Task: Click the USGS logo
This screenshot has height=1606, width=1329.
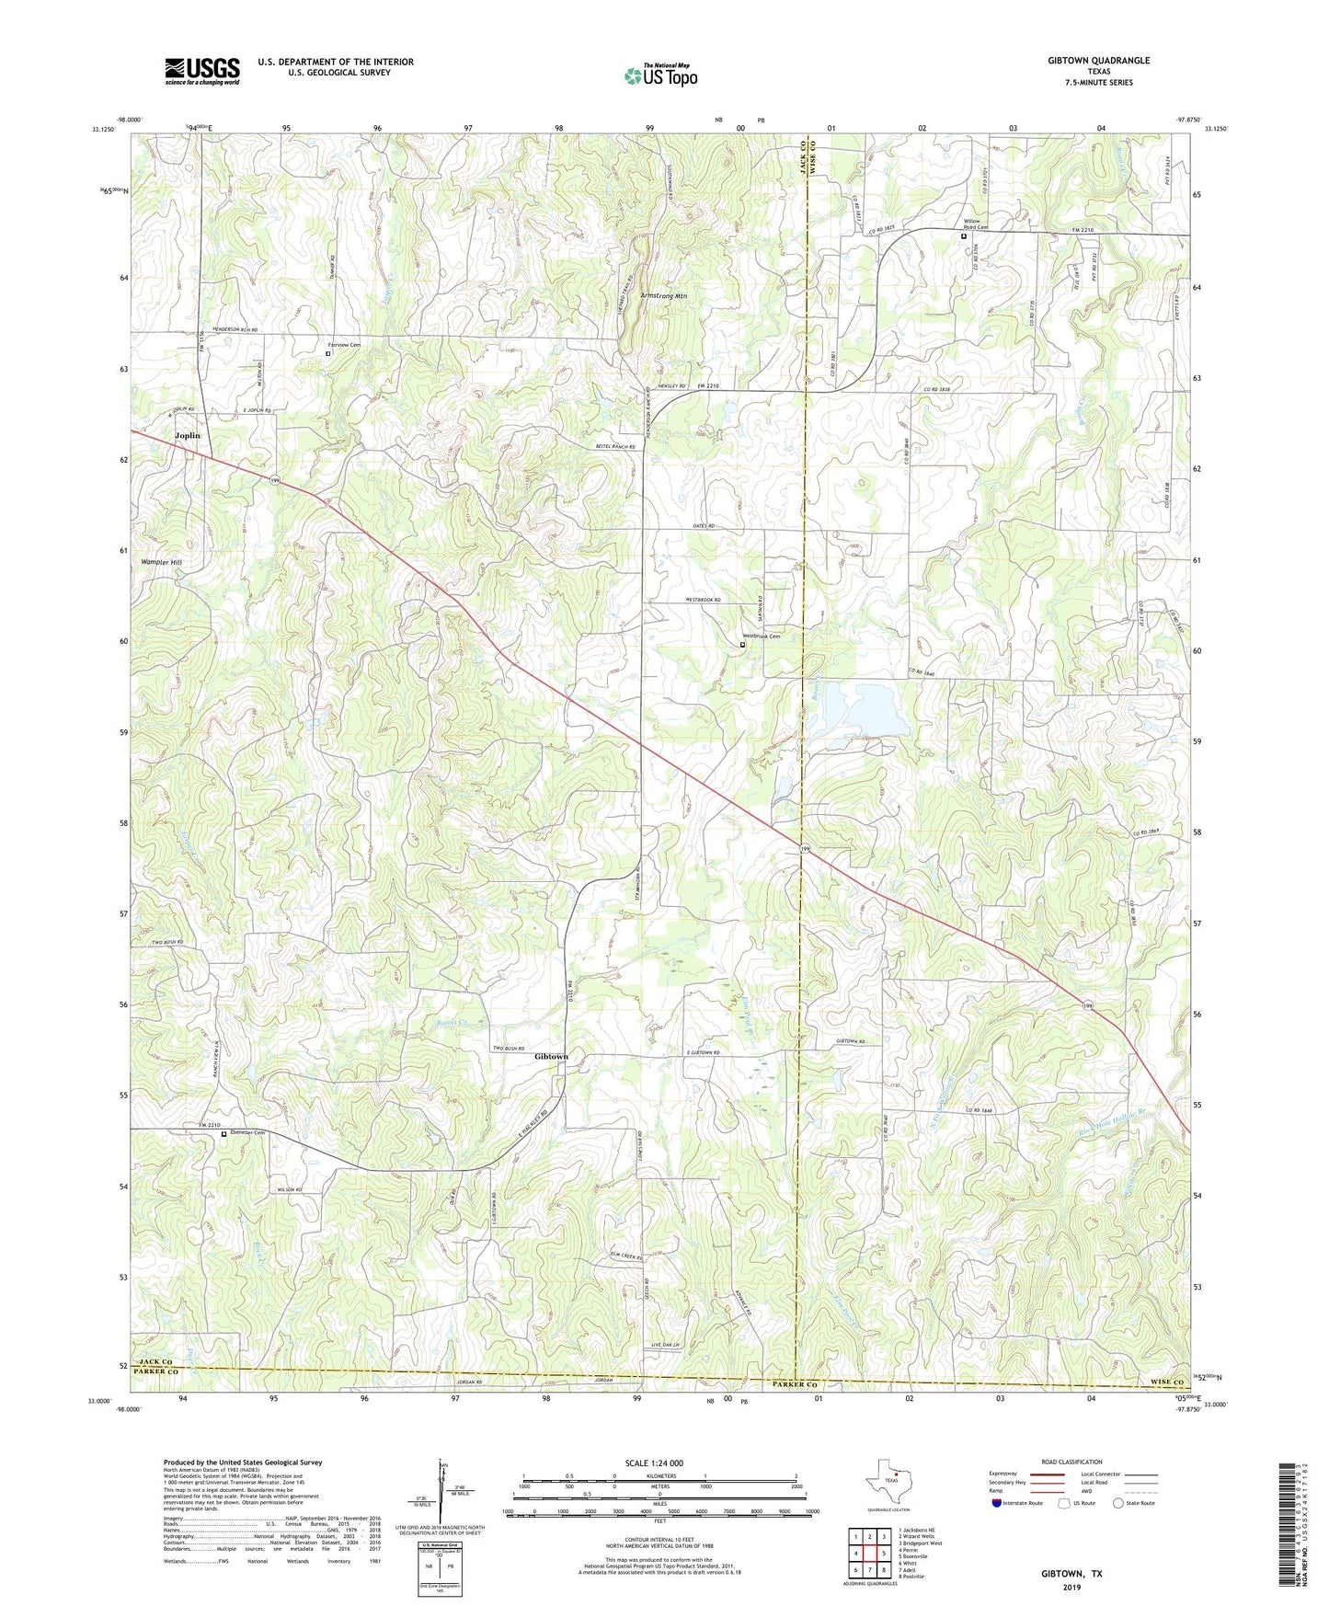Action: pyautogui.click(x=202, y=71)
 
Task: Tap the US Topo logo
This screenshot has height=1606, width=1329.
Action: pyautogui.click(x=660, y=75)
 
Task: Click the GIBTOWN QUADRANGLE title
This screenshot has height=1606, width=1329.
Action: pyautogui.click(x=1098, y=61)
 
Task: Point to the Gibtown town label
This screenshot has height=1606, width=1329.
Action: pyautogui.click(x=551, y=1057)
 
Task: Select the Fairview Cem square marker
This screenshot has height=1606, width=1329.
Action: pyautogui.click(x=328, y=353)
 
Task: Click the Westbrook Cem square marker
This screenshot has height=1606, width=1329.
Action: pyautogui.click(x=742, y=645)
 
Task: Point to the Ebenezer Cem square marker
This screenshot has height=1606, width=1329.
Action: pyautogui.click(x=223, y=1134)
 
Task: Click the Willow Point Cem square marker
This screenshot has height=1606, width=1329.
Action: pyautogui.click(x=964, y=236)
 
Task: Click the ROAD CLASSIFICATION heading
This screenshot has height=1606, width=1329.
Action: pyautogui.click(x=1072, y=1462)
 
